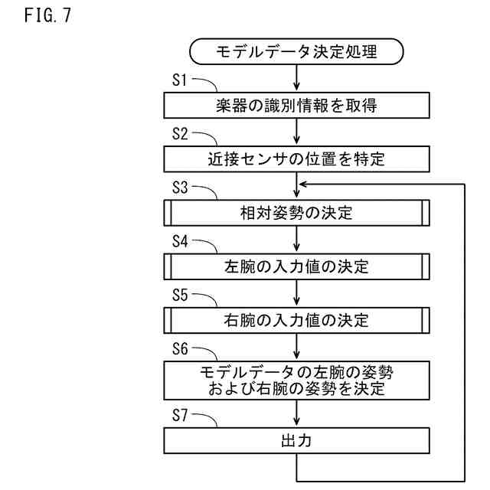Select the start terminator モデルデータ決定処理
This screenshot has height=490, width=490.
tap(296, 53)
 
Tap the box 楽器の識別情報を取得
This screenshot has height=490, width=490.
tap(296, 106)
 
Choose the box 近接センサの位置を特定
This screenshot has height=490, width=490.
tap(296, 160)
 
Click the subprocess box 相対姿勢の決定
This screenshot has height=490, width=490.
tap(296, 214)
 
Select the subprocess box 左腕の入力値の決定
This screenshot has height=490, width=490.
tap(296, 267)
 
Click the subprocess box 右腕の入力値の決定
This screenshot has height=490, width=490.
tap(296, 321)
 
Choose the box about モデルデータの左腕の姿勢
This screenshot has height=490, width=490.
tap(296, 380)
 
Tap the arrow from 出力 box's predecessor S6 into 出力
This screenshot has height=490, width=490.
tap(296, 416)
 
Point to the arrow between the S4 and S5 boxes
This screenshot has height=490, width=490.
tap(296, 296)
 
